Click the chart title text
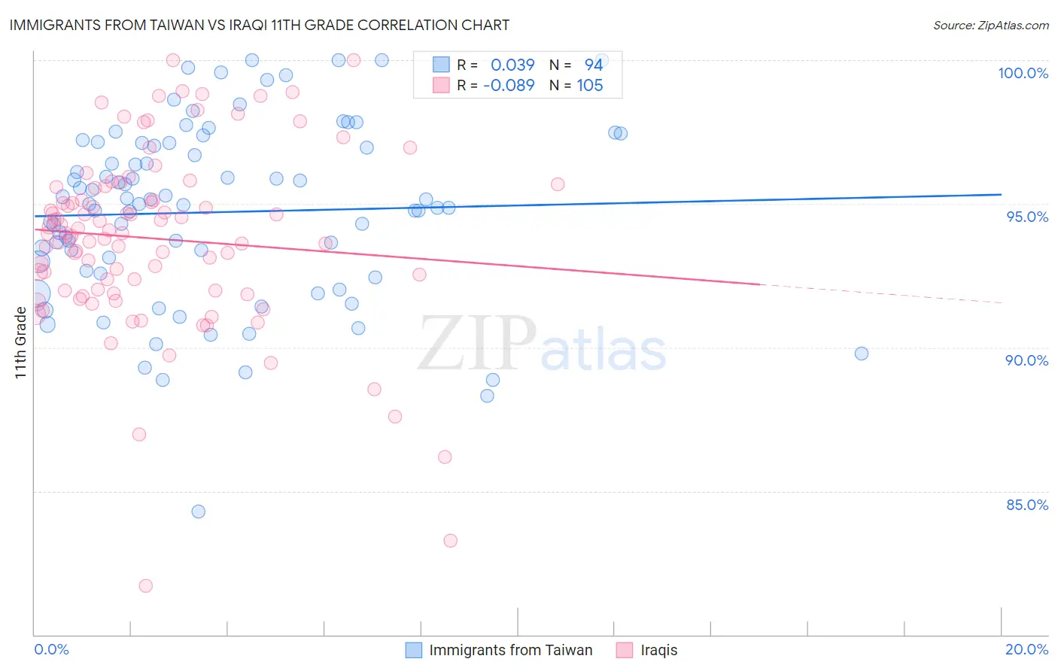pos(260,25)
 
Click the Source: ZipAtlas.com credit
pos(990,25)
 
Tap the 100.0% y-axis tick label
pos(1023,73)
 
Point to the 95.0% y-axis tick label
pos(1027,217)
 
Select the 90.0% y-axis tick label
pos(1026,360)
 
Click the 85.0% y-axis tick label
pos(1027,505)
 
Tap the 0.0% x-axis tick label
pos(51,649)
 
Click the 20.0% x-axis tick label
pos(1026,649)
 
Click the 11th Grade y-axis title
pos(20,342)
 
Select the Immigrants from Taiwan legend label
pos(510,650)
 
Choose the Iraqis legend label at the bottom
pos(658,650)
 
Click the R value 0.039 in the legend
pos(512,65)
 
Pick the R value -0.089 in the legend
pos(509,85)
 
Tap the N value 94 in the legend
pos(594,65)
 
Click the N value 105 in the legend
pos(590,85)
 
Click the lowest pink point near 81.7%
pos(146,585)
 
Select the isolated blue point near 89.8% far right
pos(862,354)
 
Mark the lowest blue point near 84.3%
pos(199,512)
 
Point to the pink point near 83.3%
pos(451,540)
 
